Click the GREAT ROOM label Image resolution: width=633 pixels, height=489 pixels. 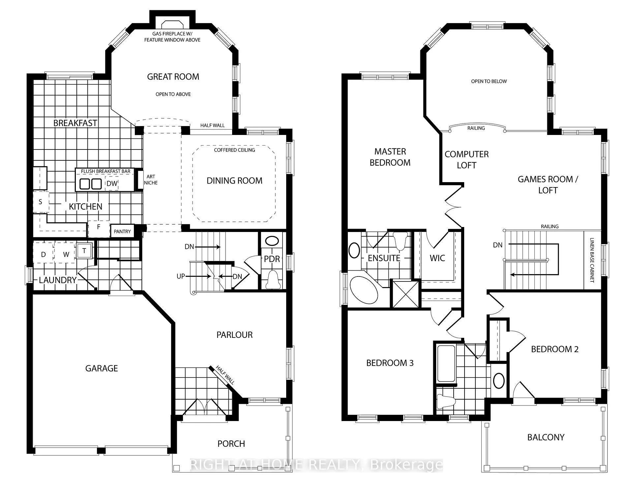173,77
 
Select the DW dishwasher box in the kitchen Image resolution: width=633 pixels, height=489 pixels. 112,183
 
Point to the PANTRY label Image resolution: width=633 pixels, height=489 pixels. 122,232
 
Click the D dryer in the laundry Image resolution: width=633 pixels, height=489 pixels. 44,254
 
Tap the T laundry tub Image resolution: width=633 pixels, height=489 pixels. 84,251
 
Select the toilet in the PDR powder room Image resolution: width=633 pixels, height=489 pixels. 273,279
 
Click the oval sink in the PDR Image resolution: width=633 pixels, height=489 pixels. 272,241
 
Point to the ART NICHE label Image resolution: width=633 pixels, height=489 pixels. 151,180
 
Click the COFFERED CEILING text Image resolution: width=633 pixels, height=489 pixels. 234,150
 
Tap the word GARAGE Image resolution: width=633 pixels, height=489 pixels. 102,368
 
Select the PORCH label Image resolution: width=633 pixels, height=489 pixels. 231,444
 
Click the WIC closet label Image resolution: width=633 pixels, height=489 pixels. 437,258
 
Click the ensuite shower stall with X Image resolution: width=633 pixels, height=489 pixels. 405,294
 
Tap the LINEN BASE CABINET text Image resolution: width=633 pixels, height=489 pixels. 592,260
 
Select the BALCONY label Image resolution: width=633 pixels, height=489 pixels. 546,438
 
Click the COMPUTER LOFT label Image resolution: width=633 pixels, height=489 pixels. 467,160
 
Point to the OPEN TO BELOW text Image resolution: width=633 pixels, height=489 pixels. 489,81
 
